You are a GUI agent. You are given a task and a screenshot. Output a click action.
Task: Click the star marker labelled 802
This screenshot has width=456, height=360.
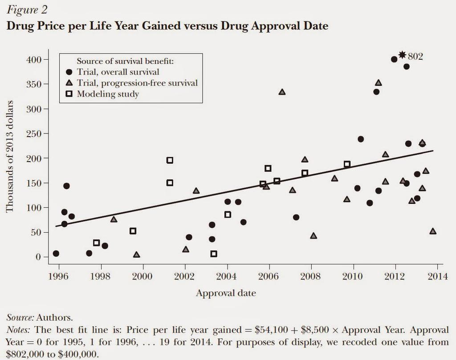pos(402,55)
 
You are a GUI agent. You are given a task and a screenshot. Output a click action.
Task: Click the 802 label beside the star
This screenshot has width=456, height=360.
pos(415,57)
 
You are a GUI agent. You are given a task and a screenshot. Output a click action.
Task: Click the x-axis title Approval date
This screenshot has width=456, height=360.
pos(226,293)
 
